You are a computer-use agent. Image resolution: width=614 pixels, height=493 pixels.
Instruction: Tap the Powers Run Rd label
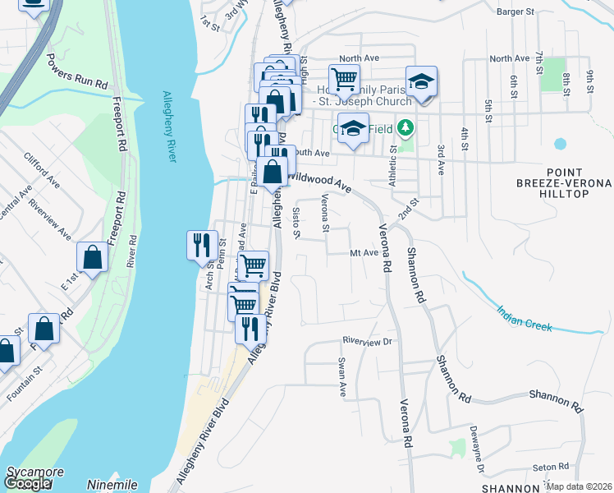78,72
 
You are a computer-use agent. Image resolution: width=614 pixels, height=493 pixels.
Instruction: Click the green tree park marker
404,129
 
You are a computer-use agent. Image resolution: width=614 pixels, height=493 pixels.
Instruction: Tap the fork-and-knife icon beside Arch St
202,244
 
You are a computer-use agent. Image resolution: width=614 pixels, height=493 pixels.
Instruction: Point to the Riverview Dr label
369,340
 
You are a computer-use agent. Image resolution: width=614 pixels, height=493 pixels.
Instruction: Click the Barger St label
515,12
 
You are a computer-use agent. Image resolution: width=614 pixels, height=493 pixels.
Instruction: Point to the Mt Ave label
364,253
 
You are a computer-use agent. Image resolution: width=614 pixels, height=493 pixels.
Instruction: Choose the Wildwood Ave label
321,182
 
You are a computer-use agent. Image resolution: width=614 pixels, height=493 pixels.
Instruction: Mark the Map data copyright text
580,486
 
